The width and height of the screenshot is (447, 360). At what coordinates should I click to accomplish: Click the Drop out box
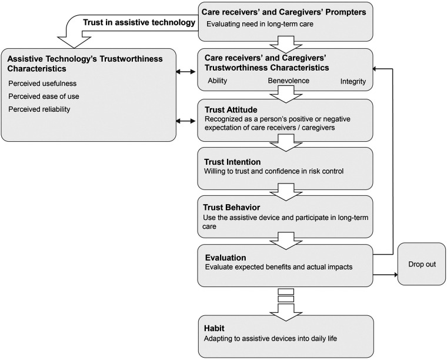(422, 264)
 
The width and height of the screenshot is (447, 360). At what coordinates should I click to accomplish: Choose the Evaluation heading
(225, 257)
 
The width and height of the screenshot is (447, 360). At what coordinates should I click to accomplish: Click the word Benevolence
(289, 81)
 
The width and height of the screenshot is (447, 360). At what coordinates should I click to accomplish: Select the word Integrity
(353, 81)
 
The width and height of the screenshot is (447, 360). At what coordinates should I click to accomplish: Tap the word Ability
(218, 81)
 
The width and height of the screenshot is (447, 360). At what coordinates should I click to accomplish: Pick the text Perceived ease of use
(39, 96)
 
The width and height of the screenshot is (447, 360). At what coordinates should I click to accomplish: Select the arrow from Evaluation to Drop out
(385, 274)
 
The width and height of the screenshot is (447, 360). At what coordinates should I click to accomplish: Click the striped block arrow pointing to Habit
(285, 302)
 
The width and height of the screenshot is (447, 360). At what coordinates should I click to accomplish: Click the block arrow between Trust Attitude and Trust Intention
(285, 144)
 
